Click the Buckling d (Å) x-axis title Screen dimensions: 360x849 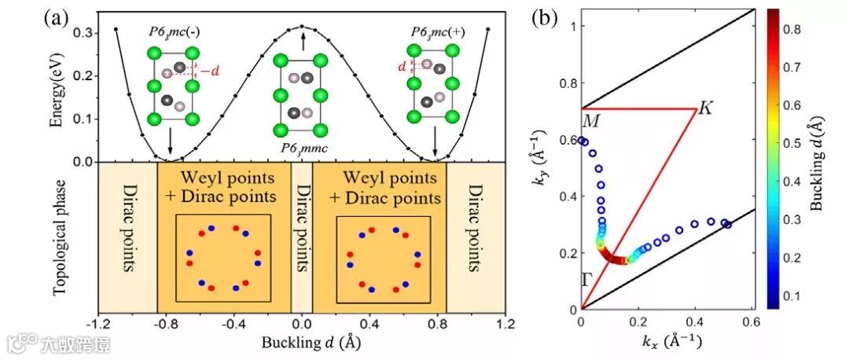pyautogui.click(x=303, y=343)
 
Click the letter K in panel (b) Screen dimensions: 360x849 pyautogui.click(x=705, y=108)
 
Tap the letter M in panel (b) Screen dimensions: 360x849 pyautogui.click(x=590, y=121)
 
